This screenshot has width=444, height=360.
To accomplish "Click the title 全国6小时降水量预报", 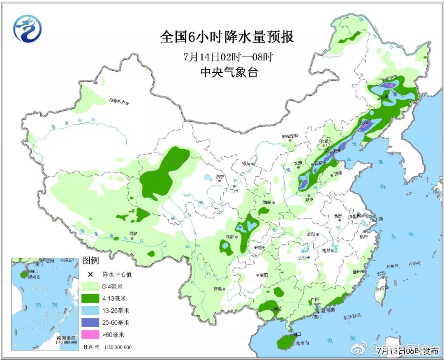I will coord(227,37).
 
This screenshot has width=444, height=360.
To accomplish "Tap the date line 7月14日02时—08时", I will coord(229,57).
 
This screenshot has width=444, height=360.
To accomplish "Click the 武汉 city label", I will coord(310,234).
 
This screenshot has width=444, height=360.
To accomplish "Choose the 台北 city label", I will coord(381,273).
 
